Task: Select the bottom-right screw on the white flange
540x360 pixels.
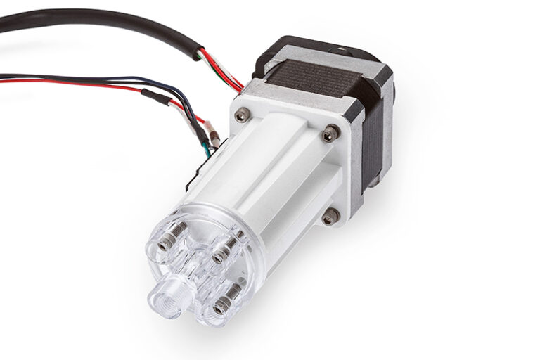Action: [x=328, y=217]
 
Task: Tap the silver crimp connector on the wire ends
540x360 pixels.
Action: [x=213, y=138]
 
